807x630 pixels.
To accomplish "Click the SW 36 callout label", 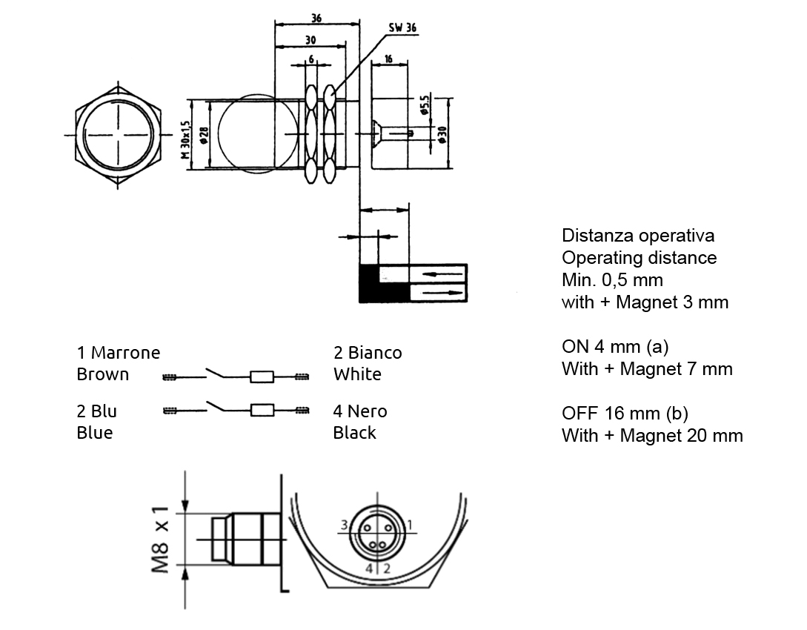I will pos(403,28).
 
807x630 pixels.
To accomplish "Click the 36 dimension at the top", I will pos(316,18).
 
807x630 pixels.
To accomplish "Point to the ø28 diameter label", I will pos(203,134).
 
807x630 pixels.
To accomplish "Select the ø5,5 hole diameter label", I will pos(425,105).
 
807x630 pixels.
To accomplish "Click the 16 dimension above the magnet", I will pos(388,58).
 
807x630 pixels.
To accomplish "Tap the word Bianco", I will pos(375,353).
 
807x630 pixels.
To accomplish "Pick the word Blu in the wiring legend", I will pos(104,411).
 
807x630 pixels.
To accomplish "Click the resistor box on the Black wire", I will pos(262,409).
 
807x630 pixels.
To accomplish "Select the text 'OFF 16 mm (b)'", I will pos(625,414).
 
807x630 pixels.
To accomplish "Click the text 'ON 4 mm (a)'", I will pos(615,347).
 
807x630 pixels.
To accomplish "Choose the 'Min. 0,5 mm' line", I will pos(612,280).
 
